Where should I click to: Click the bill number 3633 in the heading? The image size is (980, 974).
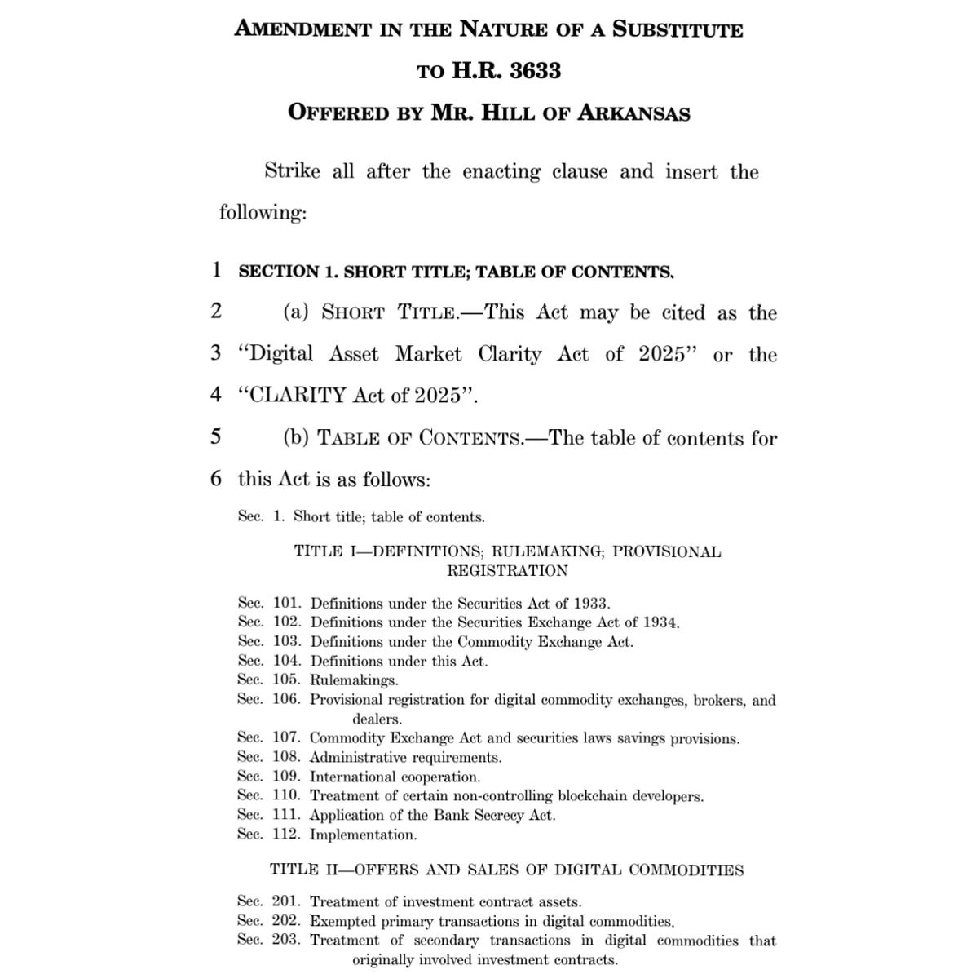[535, 71]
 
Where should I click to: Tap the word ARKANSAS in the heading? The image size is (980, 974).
[633, 113]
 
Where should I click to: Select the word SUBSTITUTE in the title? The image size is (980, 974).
[678, 29]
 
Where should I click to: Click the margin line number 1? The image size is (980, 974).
[216, 269]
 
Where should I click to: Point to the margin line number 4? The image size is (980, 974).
[215, 395]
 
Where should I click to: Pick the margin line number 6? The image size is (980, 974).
[215, 478]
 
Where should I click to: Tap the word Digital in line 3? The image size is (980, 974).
[280, 354]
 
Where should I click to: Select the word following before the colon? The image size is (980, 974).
[260, 213]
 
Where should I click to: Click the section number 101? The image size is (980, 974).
[287, 604]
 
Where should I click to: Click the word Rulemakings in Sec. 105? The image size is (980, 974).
[354, 680]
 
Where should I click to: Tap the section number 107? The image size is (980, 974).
[287, 738]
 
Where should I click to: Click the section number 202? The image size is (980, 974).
[287, 921]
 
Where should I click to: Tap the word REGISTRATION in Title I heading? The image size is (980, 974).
[507, 570]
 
